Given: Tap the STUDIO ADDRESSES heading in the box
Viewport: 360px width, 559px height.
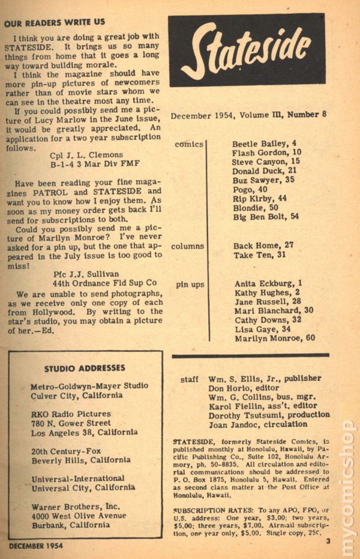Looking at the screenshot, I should (x=85, y=368).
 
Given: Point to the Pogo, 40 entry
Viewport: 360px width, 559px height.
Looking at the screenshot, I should (x=250, y=189).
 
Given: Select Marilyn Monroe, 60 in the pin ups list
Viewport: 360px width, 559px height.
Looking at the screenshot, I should (x=274, y=338).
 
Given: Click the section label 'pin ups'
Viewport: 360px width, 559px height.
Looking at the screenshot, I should (x=190, y=284).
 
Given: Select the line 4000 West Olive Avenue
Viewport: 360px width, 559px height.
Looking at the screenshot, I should (x=78, y=515).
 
